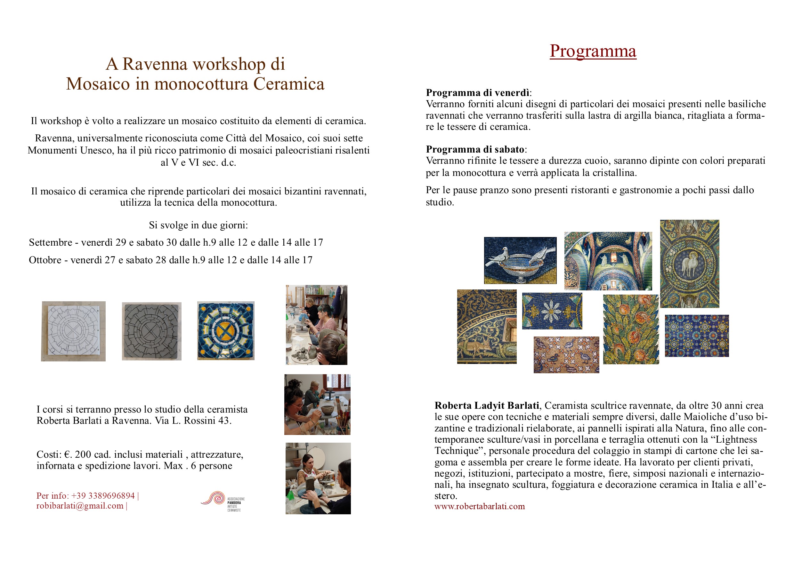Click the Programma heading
pos(593,51)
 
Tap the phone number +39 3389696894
pos(103,496)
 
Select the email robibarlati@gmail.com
pos(80,506)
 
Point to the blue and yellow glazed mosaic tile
pos(226,331)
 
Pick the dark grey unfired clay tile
pos(151,331)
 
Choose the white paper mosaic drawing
pos(73,331)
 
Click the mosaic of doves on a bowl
pos(520,260)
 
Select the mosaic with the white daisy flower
pos(552,311)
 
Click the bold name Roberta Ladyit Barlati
pos(487,406)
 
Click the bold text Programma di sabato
pos(475,149)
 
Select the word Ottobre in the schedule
pos(45,260)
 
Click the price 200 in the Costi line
pos(83,454)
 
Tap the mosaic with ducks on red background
pos(566,355)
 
